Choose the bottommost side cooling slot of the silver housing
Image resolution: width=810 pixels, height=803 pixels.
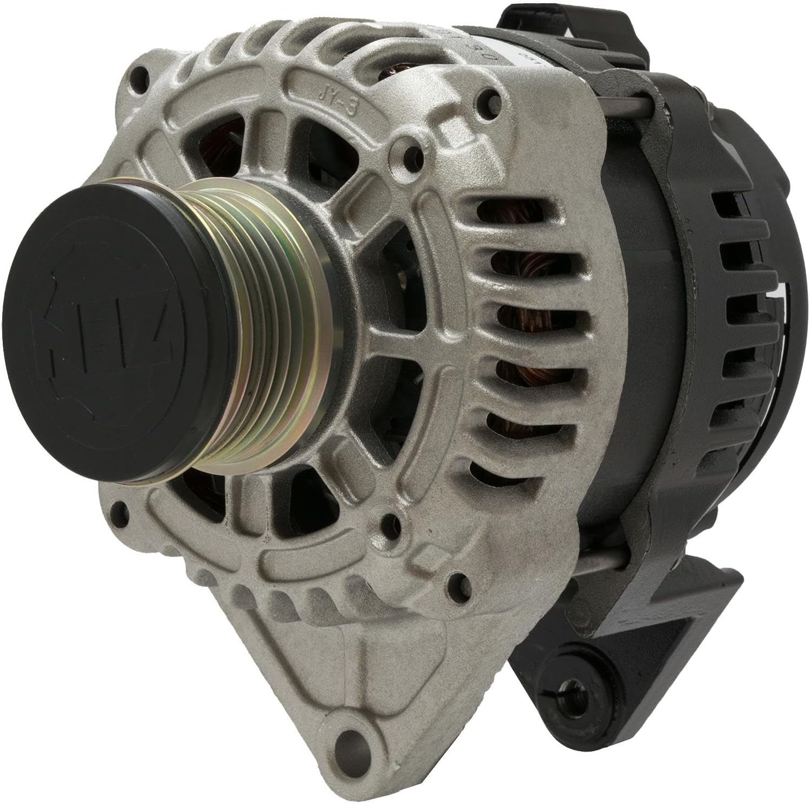point(488,472)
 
